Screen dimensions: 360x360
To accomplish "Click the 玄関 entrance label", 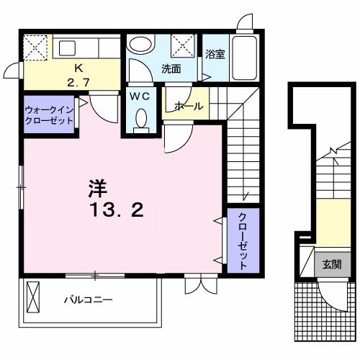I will [x=332, y=264].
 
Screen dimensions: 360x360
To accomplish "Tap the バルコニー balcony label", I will [x=87, y=299].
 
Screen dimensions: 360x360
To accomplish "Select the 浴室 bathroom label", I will [x=215, y=54].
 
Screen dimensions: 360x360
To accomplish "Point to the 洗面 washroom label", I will [x=171, y=69].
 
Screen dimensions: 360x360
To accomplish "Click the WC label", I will [x=140, y=96].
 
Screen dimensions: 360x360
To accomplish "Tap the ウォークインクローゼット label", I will [x=48, y=115].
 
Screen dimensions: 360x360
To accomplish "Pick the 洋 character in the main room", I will [x=98, y=189].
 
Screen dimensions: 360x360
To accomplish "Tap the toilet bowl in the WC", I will [x=141, y=118].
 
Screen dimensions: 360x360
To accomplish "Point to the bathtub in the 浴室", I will [x=241, y=59].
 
